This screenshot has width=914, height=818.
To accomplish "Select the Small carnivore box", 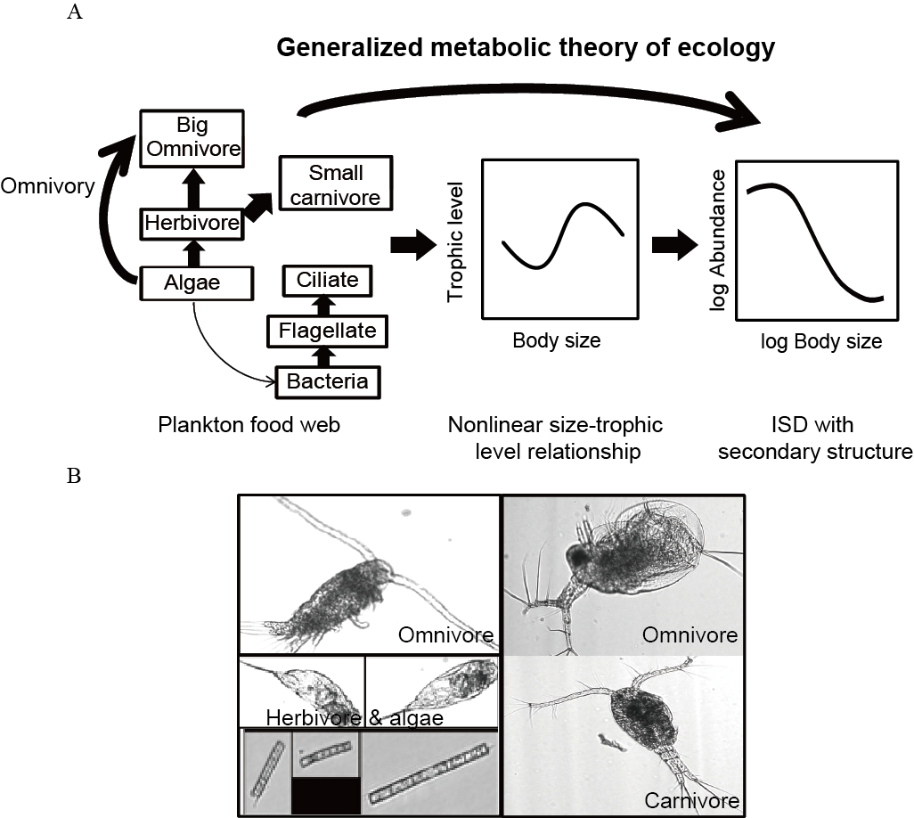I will coord(336,184).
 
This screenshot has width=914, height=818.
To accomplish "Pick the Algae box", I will coord(192,282).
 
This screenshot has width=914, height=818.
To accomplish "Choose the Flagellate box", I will coord(322,332).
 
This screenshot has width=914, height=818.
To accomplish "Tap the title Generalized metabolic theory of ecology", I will coord(526,47).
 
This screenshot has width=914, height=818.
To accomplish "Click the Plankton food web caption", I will coord(249,426).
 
